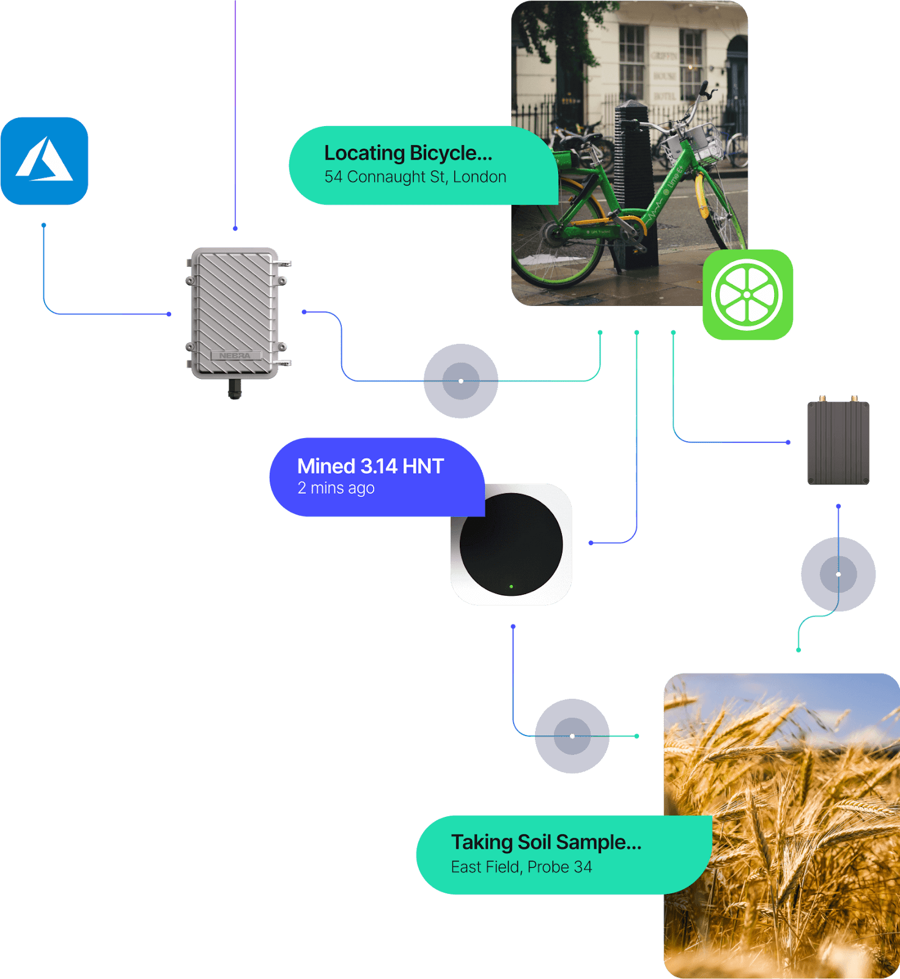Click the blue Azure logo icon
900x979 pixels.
[x=44, y=161]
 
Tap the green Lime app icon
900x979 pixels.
[x=748, y=294]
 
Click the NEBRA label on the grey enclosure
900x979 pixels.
[x=235, y=355]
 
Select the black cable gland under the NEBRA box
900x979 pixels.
[x=235, y=389]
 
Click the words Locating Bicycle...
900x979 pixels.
[x=408, y=153]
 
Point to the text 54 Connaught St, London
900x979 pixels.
[x=415, y=177]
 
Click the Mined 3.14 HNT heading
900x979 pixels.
[x=371, y=466]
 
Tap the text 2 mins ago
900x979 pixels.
[x=336, y=488]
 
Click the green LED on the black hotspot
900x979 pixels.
[x=511, y=586]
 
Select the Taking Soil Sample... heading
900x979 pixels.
[x=547, y=843]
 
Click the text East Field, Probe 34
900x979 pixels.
[x=522, y=867]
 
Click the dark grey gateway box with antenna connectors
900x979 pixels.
[x=838, y=440]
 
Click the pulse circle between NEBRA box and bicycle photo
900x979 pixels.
[x=461, y=381]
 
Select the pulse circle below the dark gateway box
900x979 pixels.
[x=838, y=574]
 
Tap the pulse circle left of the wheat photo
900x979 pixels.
[x=572, y=736]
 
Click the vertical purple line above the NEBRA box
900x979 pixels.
[x=235, y=114]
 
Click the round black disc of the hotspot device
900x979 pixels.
[x=511, y=544]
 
